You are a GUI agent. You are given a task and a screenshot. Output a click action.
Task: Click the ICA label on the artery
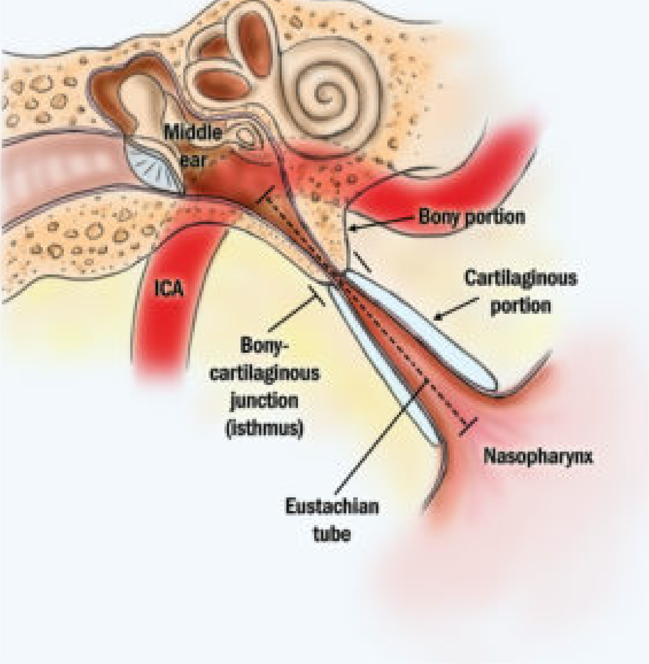169,289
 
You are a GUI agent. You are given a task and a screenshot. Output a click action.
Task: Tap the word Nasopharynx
538,457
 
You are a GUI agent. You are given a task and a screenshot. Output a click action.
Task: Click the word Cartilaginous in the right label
521,278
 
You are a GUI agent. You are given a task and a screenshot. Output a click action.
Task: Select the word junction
264,401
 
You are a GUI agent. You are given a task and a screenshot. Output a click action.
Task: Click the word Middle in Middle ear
193,133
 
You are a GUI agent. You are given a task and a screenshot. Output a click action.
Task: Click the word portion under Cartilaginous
521,306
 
